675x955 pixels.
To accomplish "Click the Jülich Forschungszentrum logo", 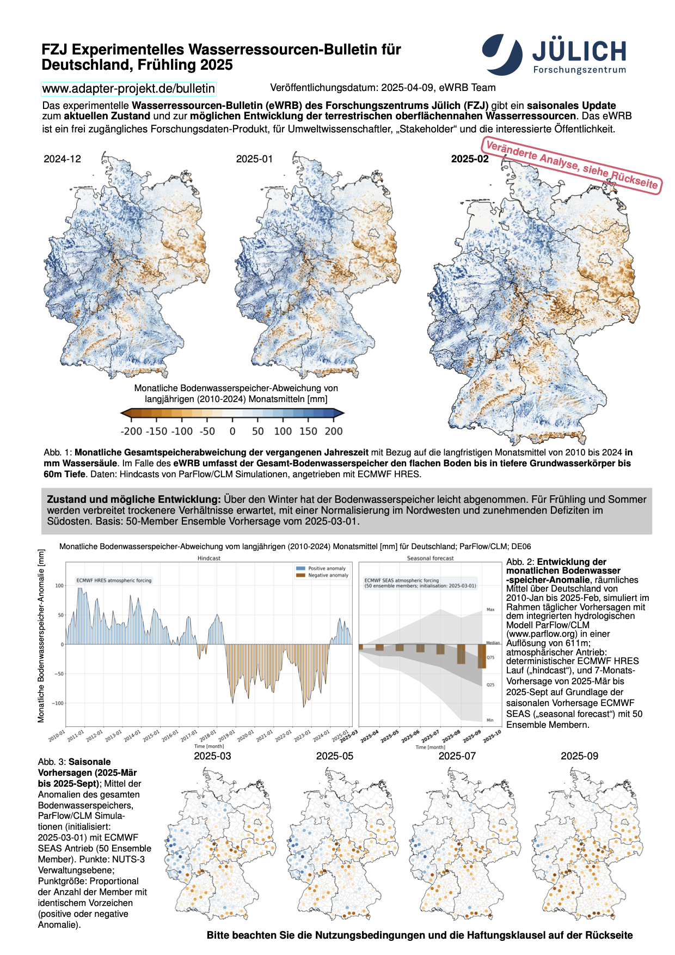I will (554, 54).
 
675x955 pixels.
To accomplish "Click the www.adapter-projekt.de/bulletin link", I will (128, 88).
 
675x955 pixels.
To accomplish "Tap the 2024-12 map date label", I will (63, 159).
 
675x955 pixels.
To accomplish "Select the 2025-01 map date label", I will (254, 159).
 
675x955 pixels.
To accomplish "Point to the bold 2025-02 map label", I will (470, 159).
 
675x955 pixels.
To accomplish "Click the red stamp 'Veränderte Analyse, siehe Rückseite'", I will (572, 165).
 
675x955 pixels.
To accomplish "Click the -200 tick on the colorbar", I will (131, 431).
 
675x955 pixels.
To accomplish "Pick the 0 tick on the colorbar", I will (232, 431).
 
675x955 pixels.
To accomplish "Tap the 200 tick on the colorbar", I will (334, 431).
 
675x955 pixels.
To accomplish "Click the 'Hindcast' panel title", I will (209, 558).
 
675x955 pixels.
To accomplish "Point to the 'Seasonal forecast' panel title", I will (430, 558).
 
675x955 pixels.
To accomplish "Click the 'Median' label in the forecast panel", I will (493, 643).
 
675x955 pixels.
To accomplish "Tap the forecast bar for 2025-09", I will (482, 656).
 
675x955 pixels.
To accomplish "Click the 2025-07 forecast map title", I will (457, 756).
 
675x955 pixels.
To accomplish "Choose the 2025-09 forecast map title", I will (579, 756).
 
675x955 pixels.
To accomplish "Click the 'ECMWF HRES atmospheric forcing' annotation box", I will (114, 581).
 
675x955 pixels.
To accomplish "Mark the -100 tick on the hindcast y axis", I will (58, 703).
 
